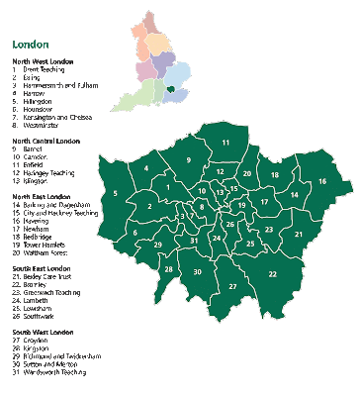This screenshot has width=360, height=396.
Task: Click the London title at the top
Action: pyautogui.click(x=31, y=46)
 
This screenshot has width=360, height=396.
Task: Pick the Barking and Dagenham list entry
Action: pyautogui.click(x=61, y=205)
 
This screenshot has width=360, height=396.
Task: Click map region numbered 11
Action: pyautogui.click(x=225, y=144)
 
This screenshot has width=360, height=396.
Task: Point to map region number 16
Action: pyautogui.click(x=322, y=182)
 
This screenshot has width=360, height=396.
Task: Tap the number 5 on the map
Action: pyautogui.click(x=117, y=193)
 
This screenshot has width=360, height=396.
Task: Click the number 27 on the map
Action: pyautogui.click(x=232, y=286)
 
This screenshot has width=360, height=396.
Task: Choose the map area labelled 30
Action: pyautogui.click(x=198, y=271)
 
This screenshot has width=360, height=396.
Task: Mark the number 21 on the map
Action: pyautogui.click(x=298, y=234)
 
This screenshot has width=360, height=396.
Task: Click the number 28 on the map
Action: pyautogui.click(x=168, y=269)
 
